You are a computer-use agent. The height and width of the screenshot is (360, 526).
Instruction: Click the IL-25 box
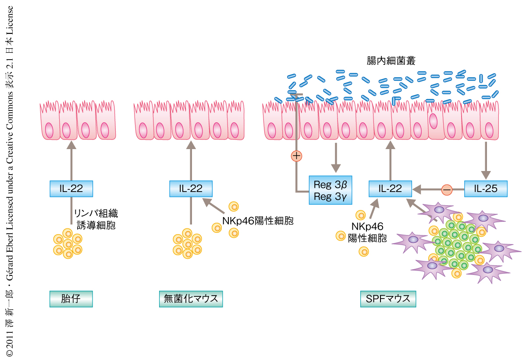486,189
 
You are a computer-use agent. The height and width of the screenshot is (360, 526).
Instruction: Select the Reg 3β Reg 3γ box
331,190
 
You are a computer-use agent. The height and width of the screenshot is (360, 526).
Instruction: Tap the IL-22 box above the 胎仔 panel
71,189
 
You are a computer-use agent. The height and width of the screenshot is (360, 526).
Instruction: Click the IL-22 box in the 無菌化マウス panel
191,189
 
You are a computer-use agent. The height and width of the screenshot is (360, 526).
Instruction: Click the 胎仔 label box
71,299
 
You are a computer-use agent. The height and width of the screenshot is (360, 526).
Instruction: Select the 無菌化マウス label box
191,299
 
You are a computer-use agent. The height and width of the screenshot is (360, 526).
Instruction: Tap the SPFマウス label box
388,299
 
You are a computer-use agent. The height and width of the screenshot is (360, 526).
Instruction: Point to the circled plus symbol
297,155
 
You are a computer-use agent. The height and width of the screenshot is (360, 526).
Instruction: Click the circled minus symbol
447,189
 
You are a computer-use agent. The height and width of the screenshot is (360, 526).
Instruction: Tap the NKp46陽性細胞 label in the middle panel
257,221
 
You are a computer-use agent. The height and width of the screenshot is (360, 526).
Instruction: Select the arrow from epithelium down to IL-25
486,158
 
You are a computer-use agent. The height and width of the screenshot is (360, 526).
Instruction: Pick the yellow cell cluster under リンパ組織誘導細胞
68,244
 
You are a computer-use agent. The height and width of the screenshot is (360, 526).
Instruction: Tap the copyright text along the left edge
10,180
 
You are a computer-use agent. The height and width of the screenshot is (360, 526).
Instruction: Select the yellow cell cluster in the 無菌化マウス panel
187,244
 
